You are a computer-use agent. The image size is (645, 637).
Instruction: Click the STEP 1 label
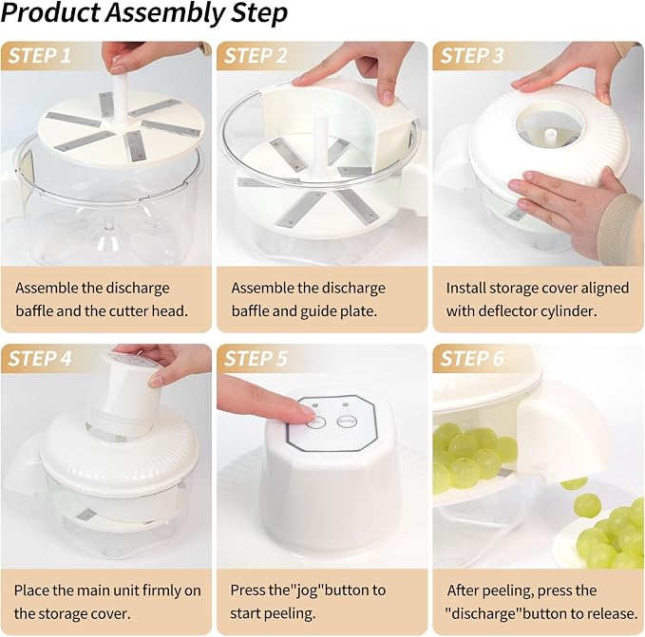tap(40, 55)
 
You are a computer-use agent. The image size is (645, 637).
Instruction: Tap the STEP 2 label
tap(256, 55)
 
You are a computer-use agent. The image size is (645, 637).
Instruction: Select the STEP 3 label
tap(472, 55)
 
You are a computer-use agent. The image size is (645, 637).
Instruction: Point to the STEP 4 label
tap(40, 358)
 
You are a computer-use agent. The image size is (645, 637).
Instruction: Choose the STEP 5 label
tap(256, 358)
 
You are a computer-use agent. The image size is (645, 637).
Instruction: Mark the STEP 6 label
tap(472, 358)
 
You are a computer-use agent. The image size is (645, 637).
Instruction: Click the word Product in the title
tap(51, 13)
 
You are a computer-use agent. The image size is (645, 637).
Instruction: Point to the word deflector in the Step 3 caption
tap(509, 311)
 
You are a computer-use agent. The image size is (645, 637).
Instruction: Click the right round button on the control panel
tap(347, 422)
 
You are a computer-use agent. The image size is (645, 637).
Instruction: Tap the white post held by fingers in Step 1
tap(120, 98)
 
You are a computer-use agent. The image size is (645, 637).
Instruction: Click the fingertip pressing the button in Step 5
tap(307, 413)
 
